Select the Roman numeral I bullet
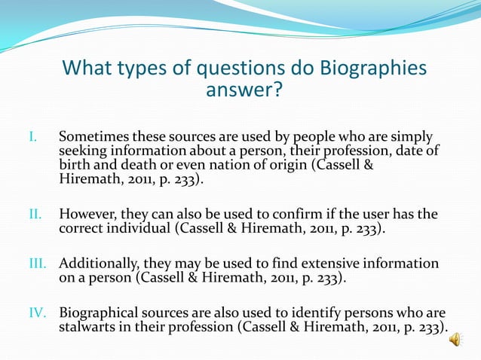click(32, 138)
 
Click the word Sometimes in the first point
click(91, 138)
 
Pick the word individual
click(140, 228)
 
